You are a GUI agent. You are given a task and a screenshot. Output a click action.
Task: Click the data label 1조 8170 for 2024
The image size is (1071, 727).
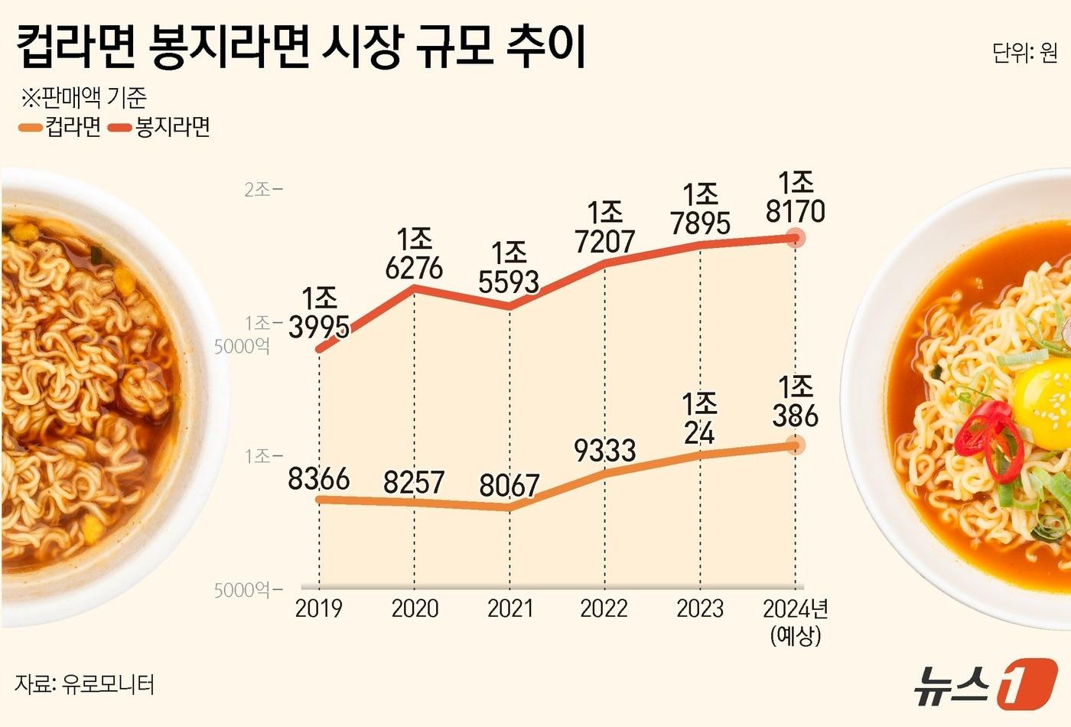(796, 197)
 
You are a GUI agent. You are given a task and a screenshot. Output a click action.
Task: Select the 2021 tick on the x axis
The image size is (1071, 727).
(509, 608)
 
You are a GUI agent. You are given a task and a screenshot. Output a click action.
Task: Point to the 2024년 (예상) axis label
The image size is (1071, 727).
(796, 621)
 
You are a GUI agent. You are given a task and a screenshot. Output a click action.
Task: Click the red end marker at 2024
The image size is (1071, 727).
(796, 237)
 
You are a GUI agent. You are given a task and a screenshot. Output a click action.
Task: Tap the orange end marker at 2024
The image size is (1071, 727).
(796, 445)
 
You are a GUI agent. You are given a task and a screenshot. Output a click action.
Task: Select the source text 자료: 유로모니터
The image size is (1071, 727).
(84, 683)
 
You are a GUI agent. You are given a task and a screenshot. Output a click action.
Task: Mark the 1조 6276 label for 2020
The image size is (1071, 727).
(415, 253)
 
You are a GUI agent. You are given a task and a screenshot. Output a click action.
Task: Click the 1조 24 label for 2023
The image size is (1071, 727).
(699, 418)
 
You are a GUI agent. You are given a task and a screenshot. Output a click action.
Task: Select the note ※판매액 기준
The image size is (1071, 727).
(83, 98)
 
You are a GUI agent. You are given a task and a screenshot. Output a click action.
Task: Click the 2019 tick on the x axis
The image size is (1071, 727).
(318, 608)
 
